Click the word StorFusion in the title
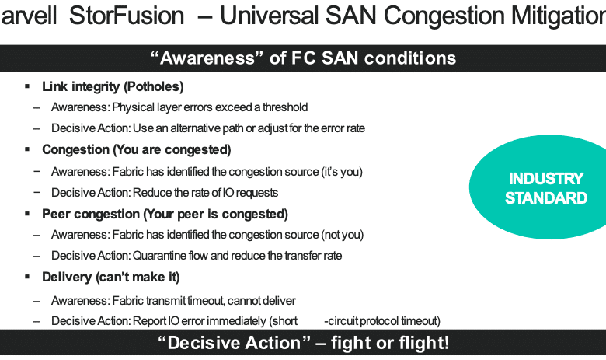[127, 16]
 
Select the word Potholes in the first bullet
[153, 86]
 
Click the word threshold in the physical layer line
[285, 107]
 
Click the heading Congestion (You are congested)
[137, 149]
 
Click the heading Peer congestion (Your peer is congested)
[165, 215]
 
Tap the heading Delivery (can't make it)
[111, 278]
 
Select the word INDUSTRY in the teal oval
[546, 179]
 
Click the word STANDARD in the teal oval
[546, 198]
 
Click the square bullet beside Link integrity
[27, 86]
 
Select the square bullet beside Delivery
[27, 277]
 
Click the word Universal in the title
[270, 16]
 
